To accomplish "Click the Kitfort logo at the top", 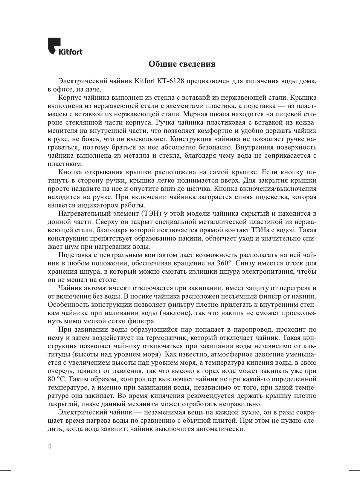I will point(65,47).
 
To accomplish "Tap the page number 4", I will point(49,446).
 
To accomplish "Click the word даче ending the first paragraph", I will point(93,89).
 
